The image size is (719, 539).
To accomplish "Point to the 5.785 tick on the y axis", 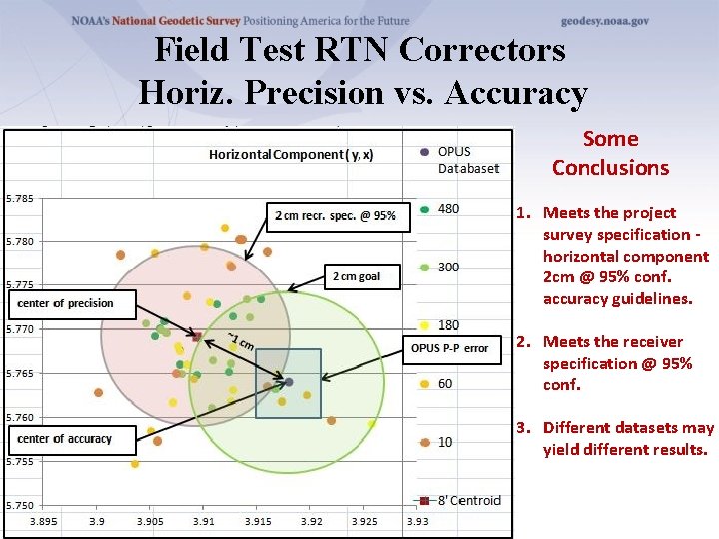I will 20,198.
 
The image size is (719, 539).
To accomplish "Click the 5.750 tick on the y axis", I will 20,506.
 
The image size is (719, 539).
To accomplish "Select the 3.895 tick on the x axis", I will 44,520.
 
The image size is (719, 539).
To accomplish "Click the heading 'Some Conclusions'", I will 610,153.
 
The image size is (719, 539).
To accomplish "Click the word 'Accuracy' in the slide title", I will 517,92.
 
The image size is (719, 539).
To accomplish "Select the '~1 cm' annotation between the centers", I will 239,341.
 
